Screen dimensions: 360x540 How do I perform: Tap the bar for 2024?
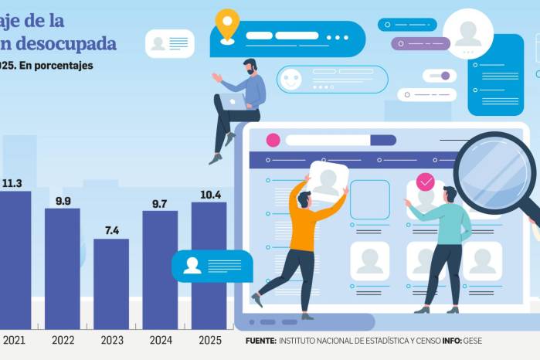tap(160, 270)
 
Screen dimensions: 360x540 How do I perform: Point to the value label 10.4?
tap(209, 195)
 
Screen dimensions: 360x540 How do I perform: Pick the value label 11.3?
tap(12, 183)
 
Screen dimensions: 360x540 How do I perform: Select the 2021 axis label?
tap(14, 341)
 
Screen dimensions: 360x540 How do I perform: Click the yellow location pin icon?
tap(227, 24)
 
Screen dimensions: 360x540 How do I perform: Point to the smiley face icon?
tap(290, 79)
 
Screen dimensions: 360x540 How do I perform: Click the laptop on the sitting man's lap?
tap(232, 102)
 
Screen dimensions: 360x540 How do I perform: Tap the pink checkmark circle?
tap(426, 182)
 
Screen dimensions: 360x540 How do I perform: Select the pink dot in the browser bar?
tap(273, 140)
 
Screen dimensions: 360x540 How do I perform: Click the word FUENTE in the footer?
tap(260, 341)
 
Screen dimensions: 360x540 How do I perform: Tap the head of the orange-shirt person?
tap(304, 199)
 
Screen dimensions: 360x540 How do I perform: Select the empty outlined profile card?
tap(370, 200)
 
